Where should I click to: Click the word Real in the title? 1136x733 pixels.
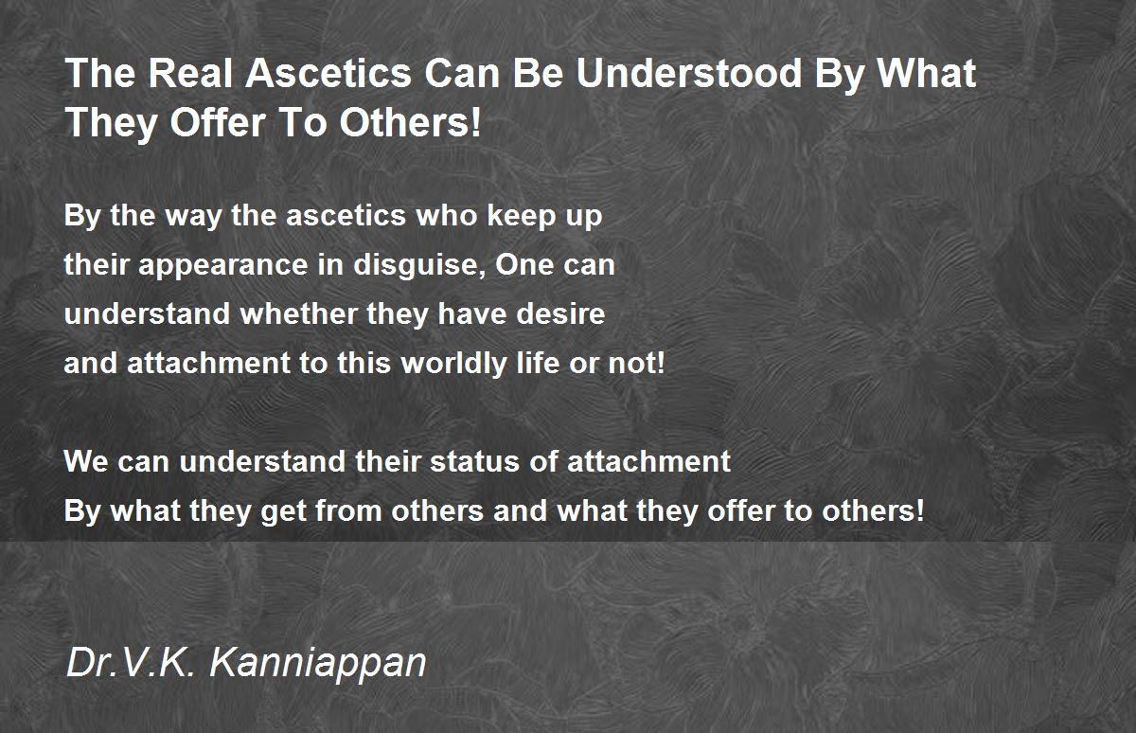tap(190, 74)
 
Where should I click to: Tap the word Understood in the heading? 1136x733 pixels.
tap(689, 74)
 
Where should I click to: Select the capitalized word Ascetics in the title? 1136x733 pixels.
tap(328, 74)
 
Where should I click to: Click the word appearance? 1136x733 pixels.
tap(223, 266)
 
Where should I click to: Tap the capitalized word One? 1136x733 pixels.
tap(524, 265)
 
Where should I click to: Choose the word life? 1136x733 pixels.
tap(537, 363)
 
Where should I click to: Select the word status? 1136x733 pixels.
tap(474, 461)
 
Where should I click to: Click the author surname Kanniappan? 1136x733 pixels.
tap(318, 663)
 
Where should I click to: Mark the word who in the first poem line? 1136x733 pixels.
tap(446, 216)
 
